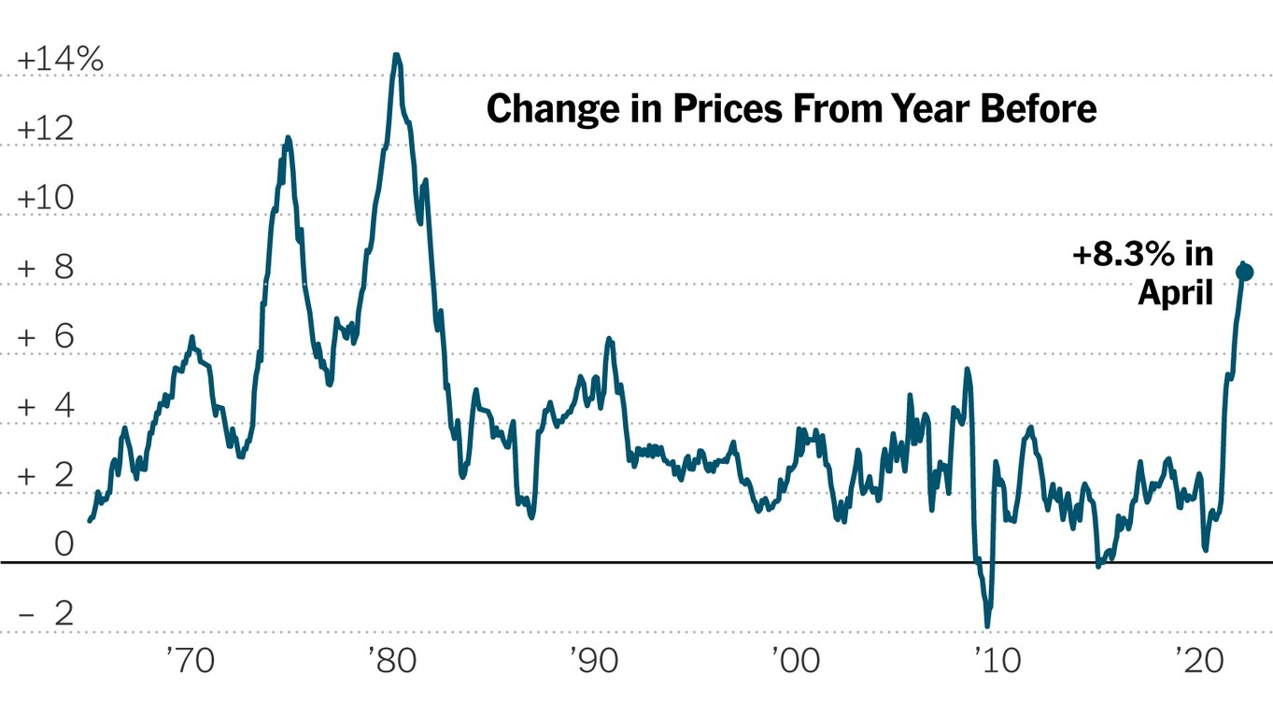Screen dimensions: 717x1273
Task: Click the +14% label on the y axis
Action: click(x=60, y=60)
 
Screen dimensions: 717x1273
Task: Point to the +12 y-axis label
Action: click(x=45, y=129)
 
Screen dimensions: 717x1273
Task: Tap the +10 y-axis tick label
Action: click(x=45, y=199)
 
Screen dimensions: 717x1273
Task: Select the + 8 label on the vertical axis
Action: click(x=45, y=269)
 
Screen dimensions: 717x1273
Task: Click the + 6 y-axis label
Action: click(x=45, y=338)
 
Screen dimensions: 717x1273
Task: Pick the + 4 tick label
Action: click(x=45, y=407)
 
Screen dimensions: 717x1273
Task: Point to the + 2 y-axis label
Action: click(x=45, y=476)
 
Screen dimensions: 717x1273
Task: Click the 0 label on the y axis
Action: click(x=63, y=544)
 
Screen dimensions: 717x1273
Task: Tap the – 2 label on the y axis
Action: click(x=45, y=615)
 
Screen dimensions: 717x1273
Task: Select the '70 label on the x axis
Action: click(x=191, y=662)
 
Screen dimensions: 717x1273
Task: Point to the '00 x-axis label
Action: click(x=796, y=662)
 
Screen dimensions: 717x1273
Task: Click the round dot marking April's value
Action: click(x=1244, y=272)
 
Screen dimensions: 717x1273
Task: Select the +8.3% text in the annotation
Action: click(x=1120, y=254)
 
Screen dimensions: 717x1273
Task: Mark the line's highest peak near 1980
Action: click(x=396, y=56)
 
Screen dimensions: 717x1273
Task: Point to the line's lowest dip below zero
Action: click(x=987, y=626)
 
